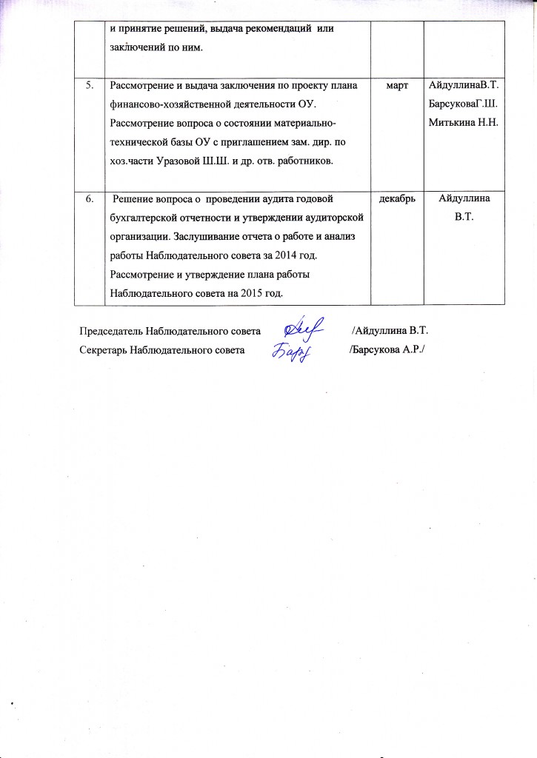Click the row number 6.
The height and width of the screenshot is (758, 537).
[x=89, y=199]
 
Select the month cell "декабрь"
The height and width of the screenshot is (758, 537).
[x=396, y=199]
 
